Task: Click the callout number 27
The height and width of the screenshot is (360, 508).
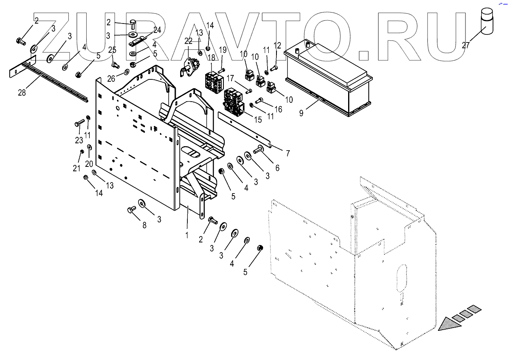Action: click(x=466, y=45)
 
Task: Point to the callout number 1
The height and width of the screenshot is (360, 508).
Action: click(x=187, y=235)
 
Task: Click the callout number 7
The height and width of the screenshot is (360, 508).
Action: click(x=288, y=153)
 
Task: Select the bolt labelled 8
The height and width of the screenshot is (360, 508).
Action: click(x=131, y=209)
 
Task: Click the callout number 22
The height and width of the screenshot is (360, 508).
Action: click(x=188, y=41)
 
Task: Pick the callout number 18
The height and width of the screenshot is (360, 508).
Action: click(x=212, y=58)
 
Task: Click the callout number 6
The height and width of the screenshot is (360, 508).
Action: click(x=277, y=168)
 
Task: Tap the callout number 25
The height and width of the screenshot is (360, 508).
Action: click(x=112, y=50)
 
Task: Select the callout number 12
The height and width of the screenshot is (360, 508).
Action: click(x=277, y=45)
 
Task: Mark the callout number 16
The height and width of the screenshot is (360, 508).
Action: click(x=278, y=109)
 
